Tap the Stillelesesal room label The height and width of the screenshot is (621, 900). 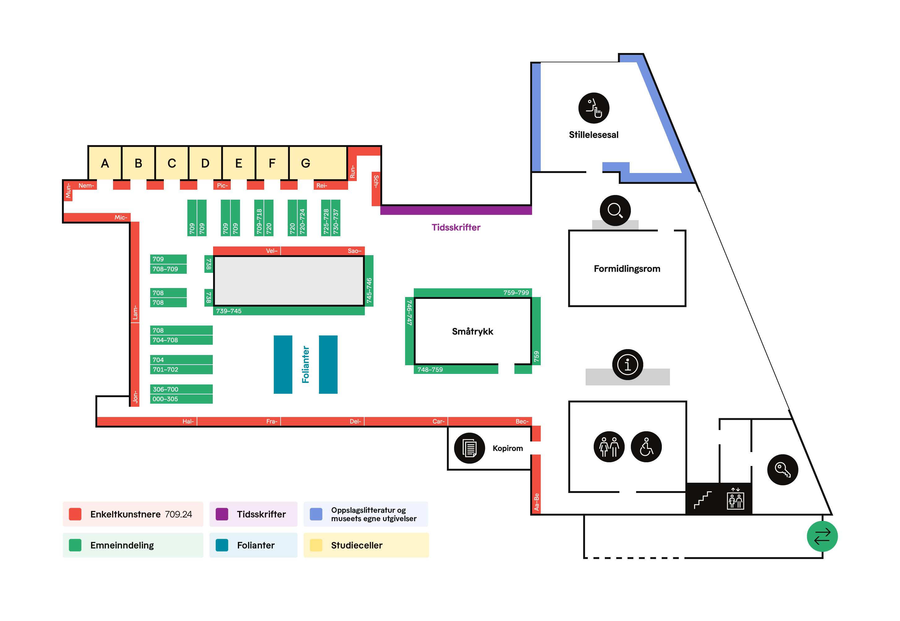click(x=593, y=135)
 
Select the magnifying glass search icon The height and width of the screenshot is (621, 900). click(x=615, y=211)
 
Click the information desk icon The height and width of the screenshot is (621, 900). click(x=627, y=365)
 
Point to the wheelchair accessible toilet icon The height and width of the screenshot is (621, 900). click(x=645, y=447)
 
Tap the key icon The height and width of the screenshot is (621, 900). click(x=782, y=470)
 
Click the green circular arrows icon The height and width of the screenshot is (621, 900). click(x=822, y=536)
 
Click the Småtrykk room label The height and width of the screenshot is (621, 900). click(x=472, y=331)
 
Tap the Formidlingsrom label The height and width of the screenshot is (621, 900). click(x=627, y=269)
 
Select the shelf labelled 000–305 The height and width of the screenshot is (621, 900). click(x=181, y=399)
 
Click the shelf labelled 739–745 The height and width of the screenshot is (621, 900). click(x=288, y=311)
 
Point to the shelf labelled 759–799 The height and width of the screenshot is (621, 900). click(x=472, y=293)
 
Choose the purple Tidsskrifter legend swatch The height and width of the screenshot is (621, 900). click(x=222, y=514)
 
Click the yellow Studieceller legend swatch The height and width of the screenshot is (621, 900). click(x=316, y=545)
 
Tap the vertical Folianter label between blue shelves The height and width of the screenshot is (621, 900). click(x=305, y=365)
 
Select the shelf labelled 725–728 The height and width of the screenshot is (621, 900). click(x=325, y=218)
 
